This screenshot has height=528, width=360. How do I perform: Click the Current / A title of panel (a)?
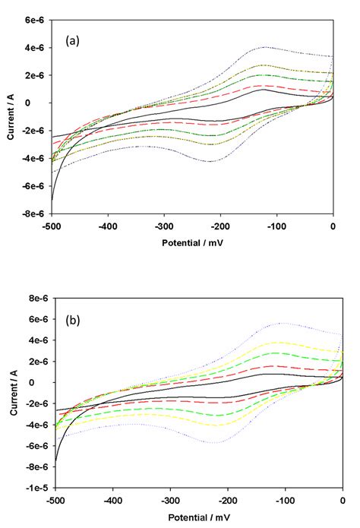pyautogui.click(x=10, y=117)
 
